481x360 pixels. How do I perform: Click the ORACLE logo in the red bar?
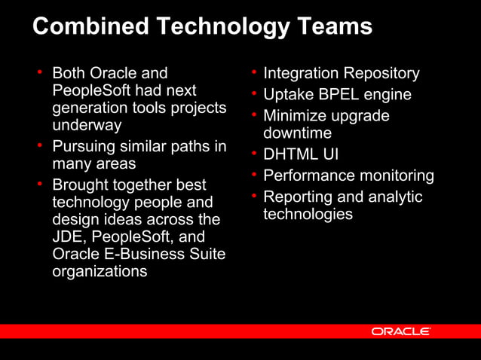400,331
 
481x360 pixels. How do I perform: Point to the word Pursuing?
84,146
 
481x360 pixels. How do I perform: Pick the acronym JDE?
66,236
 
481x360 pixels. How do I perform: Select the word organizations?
100,272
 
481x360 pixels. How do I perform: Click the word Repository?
381,74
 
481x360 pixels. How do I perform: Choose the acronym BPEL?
336,95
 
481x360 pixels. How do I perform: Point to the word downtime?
297,133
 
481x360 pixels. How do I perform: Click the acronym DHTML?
290,154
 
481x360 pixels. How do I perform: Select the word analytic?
395,197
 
